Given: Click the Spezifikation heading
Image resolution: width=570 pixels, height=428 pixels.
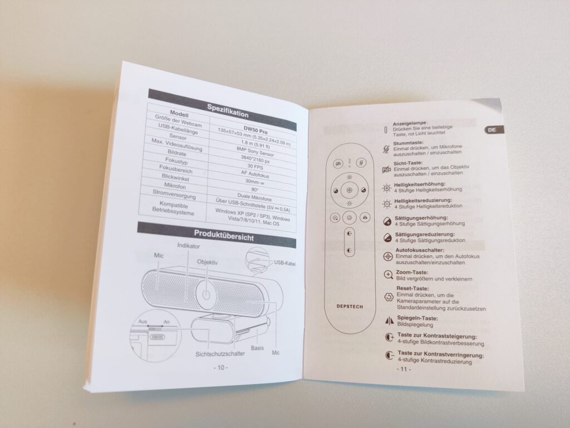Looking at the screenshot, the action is [x=228, y=111].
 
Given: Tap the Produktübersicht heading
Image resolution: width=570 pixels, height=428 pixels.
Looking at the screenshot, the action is [x=224, y=235].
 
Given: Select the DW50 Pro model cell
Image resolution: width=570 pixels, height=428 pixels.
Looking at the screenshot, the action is [x=255, y=129].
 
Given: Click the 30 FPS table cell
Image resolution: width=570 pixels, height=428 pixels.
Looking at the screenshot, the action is [x=255, y=167].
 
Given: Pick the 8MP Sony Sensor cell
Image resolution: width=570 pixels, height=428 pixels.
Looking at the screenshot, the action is [x=255, y=150].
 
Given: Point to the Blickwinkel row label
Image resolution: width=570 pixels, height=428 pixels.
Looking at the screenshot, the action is [x=175, y=178].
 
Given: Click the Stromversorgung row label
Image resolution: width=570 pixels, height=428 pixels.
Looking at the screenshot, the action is [x=174, y=194].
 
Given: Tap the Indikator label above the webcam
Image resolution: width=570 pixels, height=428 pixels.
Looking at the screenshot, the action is [x=188, y=246].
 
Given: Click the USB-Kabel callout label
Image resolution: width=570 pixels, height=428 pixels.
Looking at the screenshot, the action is [x=284, y=263].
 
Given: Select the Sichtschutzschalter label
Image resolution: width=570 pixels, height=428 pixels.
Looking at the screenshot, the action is [x=220, y=353].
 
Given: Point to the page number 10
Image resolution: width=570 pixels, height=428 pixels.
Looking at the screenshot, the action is [x=220, y=368].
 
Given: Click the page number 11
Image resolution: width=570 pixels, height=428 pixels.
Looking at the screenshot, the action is [x=404, y=369].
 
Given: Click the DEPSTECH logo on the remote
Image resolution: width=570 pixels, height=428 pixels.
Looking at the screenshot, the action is [x=350, y=307].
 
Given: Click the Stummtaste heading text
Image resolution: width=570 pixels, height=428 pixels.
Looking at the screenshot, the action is [x=408, y=143].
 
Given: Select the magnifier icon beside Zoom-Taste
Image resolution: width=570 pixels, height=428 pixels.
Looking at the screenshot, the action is [x=389, y=275].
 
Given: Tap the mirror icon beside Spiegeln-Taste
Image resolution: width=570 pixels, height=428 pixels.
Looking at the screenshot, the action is [x=389, y=320].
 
